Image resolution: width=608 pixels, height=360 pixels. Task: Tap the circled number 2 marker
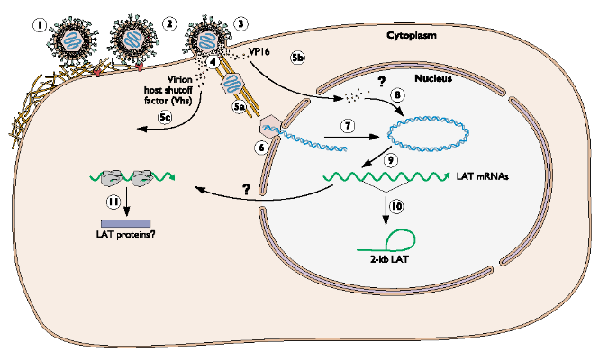(169, 22)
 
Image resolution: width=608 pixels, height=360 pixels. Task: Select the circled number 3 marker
(239, 22)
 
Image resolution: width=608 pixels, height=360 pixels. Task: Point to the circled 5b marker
(300, 57)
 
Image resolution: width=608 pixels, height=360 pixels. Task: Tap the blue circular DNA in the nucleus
(428, 133)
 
